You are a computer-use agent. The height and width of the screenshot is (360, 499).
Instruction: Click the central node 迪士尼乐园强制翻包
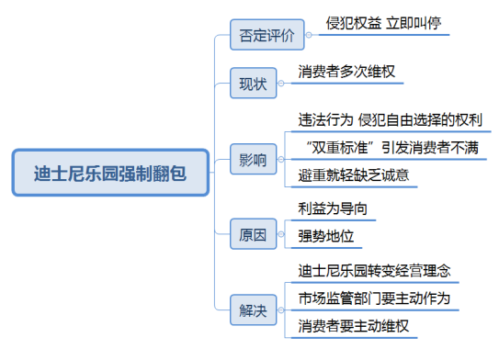[109, 171]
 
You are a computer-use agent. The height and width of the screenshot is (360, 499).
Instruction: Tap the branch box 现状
[252, 84]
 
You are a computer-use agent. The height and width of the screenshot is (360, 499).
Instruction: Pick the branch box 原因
[252, 235]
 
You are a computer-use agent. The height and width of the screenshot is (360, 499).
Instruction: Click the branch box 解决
[252, 310]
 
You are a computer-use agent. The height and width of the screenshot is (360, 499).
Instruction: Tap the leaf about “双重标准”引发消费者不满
[387, 147]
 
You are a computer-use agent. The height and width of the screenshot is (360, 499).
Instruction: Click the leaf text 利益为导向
[333, 208]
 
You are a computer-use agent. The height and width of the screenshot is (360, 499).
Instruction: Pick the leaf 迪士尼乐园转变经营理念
[373, 273]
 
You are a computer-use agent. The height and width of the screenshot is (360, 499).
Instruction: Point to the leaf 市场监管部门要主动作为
[373, 299]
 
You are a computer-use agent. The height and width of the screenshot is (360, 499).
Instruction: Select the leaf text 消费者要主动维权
[353, 326]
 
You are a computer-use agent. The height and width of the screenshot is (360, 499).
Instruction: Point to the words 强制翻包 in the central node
[154, 171]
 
